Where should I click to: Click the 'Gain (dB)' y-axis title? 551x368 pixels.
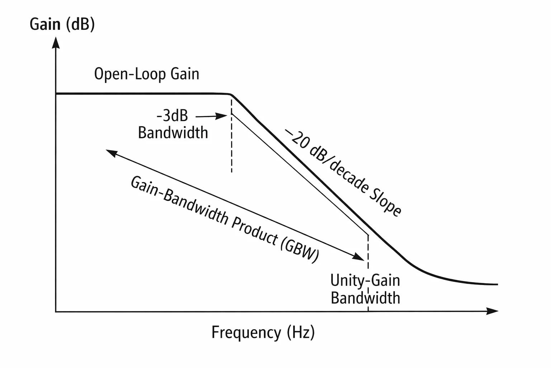tap(62, 24)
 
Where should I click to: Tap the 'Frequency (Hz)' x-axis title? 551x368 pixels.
tap(263, 332)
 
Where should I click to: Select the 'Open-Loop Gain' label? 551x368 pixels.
tap(147, 74)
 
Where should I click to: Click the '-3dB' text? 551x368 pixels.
tap(172, 115)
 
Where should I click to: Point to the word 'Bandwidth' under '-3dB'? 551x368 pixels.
tap(173, 133)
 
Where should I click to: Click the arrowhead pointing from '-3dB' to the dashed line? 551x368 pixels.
tap(221, 116)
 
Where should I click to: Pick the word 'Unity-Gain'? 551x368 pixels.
tap(365, 281)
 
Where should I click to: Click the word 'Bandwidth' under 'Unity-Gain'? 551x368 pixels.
tap(365, 298)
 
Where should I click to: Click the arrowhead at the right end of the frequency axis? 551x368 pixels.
tap(492, 311)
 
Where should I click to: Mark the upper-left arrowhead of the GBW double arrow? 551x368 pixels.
tap(112, 153)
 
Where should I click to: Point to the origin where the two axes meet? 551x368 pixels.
tap(56, 312)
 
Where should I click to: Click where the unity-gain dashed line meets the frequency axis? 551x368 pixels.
tap(368, 312)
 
